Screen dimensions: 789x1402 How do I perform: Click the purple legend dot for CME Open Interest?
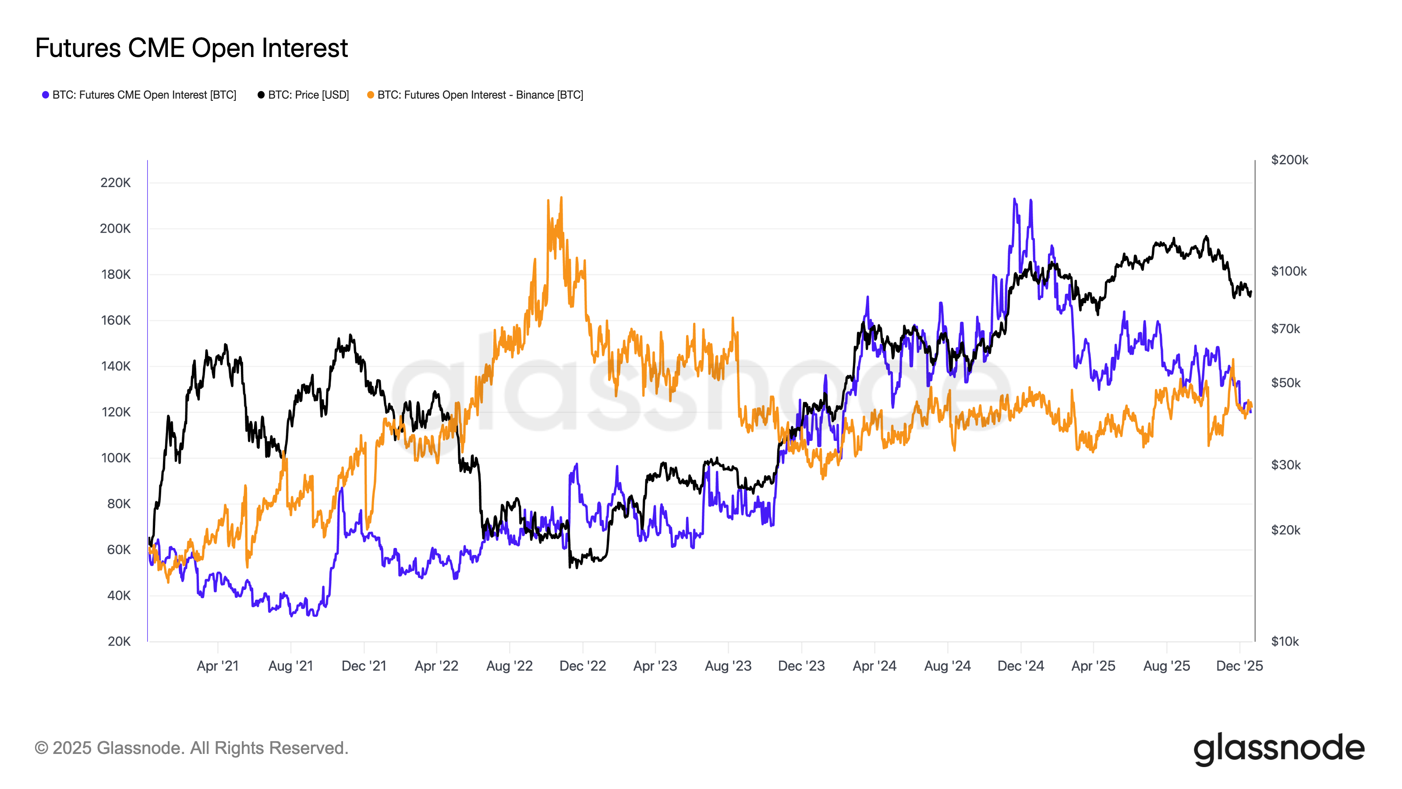tap(46, 95)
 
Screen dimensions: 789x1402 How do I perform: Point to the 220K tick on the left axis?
tap(115, 183)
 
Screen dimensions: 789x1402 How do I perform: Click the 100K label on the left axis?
tap(115, 458)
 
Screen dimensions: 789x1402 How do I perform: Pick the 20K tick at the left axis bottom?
tap(119, 641)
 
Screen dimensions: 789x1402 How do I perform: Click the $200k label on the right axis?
tap(1289, 160)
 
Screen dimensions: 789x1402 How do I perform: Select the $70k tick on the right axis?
tap(1285, 329)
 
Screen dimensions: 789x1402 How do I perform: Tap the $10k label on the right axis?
tap(1285, 641)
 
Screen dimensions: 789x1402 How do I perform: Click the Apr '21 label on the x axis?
tap(218, 666)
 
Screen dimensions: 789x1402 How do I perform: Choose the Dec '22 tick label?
tap(582, 666)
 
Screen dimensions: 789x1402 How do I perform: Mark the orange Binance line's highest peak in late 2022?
tap(561, 198)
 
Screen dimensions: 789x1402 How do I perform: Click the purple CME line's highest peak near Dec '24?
tap(1014, 199)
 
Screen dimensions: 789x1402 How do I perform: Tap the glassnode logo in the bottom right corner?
tap(1278, 749)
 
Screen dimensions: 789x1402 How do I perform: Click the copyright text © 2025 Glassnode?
tap(191, 748)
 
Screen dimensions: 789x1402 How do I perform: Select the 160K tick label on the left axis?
tap(115, 321)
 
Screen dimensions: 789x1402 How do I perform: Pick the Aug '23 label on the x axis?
tap(728, 666)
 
